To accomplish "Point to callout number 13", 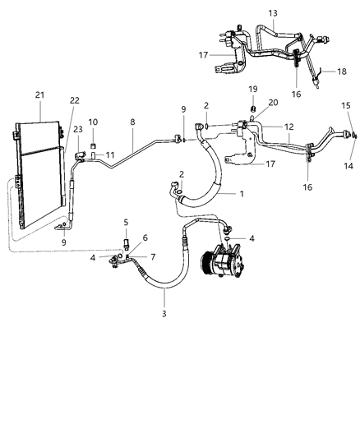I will point(273,14).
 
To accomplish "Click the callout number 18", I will point(342,72).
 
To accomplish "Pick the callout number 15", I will point(345,106).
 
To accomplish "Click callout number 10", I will point(94,122).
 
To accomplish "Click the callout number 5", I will point(126,222).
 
